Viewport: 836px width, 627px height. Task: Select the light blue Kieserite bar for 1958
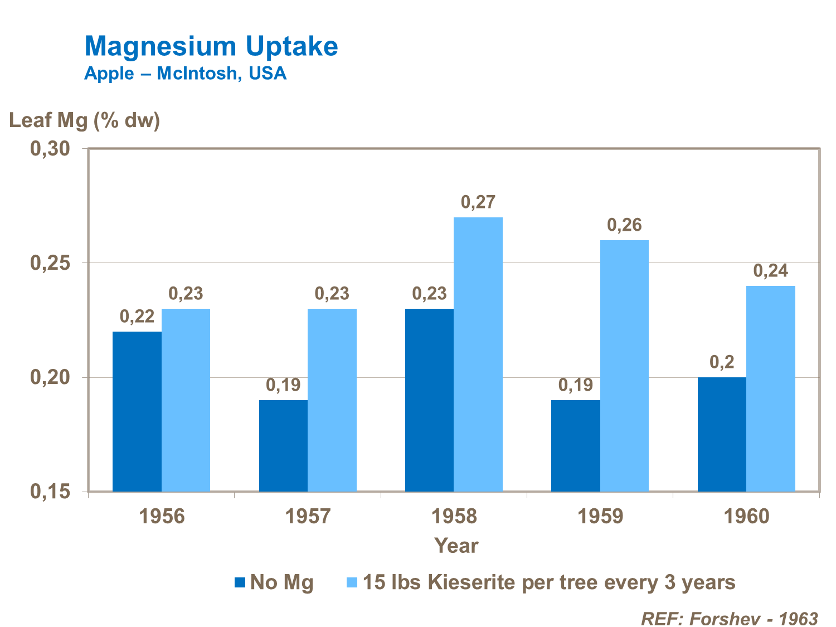[x=478, y=354]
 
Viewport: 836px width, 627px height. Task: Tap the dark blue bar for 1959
[x=576, y=446]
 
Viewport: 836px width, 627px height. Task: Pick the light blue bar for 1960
[x=771, y=388]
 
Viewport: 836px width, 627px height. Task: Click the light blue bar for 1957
[x=332, y=400]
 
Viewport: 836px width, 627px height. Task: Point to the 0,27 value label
[x=478, y=202]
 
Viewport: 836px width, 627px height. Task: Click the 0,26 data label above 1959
[x=624, y=225]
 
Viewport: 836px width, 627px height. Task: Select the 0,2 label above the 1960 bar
[x=722, y=362]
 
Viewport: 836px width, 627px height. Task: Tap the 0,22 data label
[x=137, y=317]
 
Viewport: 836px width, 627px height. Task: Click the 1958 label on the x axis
[x=454, y=516]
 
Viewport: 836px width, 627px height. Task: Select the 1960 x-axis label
[x=746, y=516]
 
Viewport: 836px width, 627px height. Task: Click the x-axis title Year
[x=456, y=546]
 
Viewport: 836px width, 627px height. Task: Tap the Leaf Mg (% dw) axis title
[x=85, y=120]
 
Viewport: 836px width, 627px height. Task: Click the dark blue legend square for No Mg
[x=240, y=582]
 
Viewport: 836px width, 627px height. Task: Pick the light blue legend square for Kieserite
[x=352, y=582]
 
